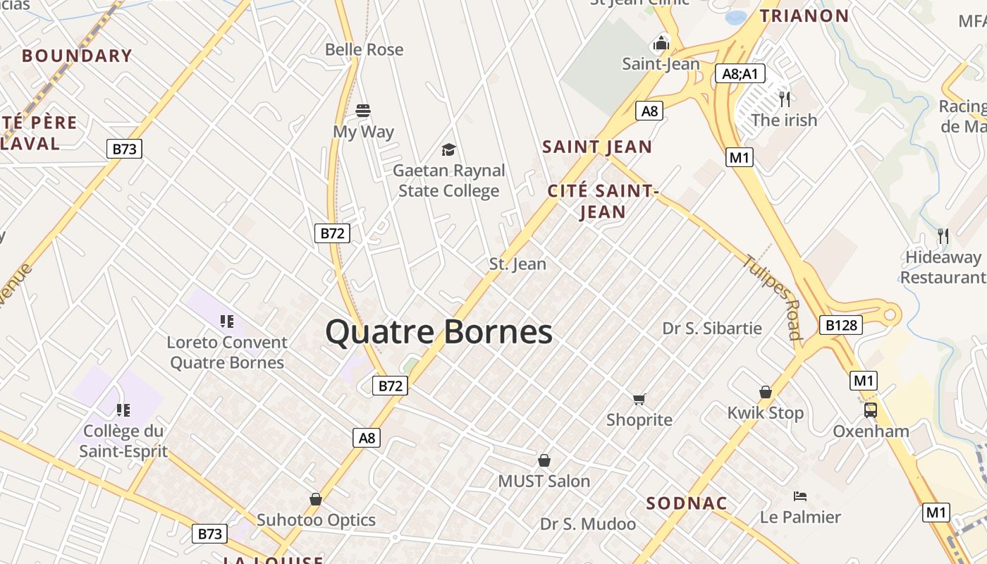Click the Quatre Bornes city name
439,332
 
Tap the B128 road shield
841,325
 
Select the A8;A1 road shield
740,73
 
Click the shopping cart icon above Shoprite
639,400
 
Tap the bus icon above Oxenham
871,410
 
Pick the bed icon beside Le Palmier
799,496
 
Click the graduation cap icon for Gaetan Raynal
448,149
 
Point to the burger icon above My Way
363,111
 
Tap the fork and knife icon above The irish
784,99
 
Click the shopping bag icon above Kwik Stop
766,392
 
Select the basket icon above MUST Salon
544,461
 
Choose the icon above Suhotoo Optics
316,499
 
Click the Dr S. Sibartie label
712,328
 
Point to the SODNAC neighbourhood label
687,503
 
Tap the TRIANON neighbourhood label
804,16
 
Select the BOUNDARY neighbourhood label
77,56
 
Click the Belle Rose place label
364,49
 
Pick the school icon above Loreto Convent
226,321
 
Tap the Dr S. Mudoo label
588,524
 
